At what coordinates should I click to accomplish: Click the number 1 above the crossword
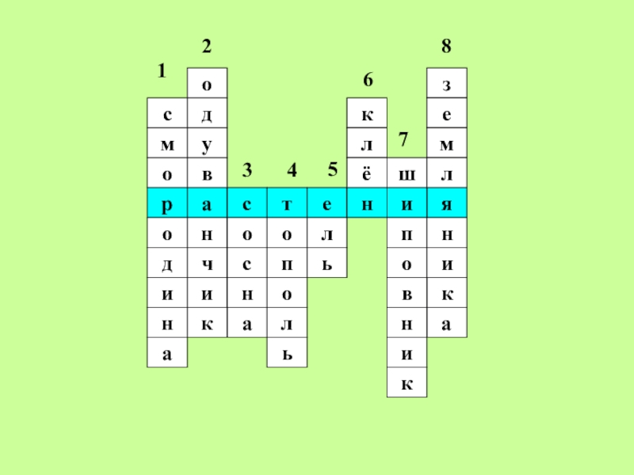(161, 71)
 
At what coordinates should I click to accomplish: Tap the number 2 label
(206, 47)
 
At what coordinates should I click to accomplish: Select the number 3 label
(247, 170)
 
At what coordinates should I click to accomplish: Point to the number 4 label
(292, 170)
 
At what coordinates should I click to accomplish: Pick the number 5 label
(333, 169)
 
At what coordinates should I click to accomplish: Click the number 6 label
(368, 81)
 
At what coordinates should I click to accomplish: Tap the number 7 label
(403, 141)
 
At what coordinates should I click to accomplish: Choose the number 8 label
(447, 47)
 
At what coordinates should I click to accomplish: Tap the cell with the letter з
(447, 83)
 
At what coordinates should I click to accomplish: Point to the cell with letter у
(207, 145)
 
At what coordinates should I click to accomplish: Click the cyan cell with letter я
(447, 204)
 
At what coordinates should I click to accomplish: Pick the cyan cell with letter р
(167, 204)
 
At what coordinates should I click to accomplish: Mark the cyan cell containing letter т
(287, 204)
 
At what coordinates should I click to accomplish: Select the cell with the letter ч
(207, 264)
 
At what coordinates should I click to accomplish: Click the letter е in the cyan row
(327, 204)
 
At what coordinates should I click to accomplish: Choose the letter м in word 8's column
(447, 145)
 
